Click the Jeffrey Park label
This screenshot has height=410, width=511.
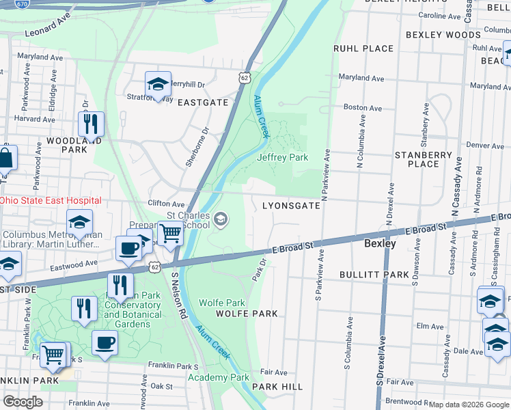[x=282, y=157]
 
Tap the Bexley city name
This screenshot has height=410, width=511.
[x=380, y=243]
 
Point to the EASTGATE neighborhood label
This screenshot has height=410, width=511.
[x=203, y=102]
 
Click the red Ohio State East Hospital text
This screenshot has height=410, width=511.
[x=51, y=200]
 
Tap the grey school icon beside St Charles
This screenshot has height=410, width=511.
[x=220, y=219]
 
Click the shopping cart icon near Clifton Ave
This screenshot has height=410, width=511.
[x=169, y=233]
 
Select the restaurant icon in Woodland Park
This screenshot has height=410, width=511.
[x=91, y=124]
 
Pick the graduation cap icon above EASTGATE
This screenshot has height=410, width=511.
[x=158, y=85]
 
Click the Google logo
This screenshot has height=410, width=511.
[x=23, y=401]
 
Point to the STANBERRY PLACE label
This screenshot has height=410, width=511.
[x=423, y=159]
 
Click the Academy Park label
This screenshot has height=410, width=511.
[x=218, y=377]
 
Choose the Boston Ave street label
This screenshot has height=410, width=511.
[x=362, y=107]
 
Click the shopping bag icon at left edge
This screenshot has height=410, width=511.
[x=5, y=159]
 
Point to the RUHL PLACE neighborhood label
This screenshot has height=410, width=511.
[x=363, y=49]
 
